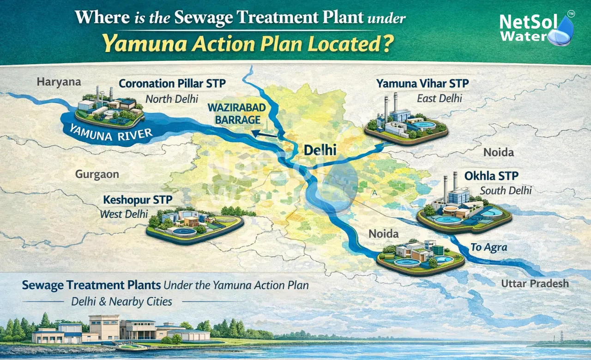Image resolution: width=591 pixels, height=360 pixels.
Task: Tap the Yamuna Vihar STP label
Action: click(422, 84)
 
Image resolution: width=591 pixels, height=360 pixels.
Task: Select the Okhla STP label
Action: click(491, 176)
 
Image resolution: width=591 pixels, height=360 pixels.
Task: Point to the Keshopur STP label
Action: click(137, 200)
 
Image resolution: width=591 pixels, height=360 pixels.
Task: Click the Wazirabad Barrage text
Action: click(230, 113)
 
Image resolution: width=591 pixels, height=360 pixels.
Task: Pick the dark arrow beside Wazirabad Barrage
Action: click(265, 134)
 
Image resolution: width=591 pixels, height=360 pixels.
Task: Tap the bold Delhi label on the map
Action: click(320, 150)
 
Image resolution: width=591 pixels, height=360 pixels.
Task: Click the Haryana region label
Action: click(58, 82)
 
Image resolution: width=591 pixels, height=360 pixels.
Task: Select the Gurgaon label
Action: click(97, 174)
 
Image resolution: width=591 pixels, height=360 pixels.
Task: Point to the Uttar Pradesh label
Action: click(535, 283)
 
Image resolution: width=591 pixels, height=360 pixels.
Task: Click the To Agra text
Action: click(489, 247)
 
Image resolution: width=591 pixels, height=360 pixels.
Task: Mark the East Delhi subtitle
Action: click(439, 98)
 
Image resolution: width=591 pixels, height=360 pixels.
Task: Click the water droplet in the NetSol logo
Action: click(563, 31)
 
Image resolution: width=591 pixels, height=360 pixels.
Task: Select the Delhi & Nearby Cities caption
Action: click(122, 302)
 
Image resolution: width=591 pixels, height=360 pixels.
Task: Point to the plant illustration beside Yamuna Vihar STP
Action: click(406, 120)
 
